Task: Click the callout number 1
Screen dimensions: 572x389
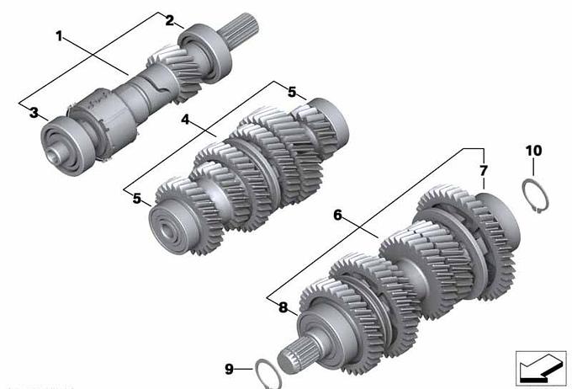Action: pos(59,36)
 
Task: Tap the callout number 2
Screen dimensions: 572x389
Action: pos(170,20)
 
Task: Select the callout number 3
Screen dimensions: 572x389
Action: pos(34,113)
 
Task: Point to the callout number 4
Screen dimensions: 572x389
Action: pos(186,120)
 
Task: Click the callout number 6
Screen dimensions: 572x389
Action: pos(338,216)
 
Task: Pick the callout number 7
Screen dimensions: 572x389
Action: pos(484,171)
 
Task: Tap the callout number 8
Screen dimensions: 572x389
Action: pos(283,307)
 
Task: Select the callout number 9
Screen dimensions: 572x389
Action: pos(229,370)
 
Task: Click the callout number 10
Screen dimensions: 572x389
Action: pos(533,151)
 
